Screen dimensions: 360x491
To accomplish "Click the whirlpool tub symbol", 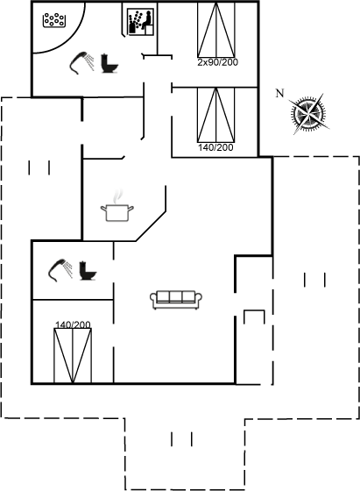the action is click(54, 20).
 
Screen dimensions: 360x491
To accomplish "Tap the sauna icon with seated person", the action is click(140, 22).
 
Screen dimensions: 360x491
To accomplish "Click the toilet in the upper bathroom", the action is click(109, 63).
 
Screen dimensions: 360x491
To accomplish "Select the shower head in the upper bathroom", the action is click(81, 62).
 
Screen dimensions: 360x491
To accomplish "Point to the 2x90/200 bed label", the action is click(218, 62).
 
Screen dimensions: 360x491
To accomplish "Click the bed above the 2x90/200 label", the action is click(216, 30).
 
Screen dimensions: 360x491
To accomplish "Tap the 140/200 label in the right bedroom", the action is click(215, 147).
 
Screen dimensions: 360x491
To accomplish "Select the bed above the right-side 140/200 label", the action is click(216, 115).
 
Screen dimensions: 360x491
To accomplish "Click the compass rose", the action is click(308, 113).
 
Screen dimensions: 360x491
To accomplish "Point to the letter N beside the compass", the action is click(279, 93).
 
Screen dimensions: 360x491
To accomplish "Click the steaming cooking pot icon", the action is click(117, 212).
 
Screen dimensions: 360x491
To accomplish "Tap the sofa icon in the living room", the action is click(176, 300).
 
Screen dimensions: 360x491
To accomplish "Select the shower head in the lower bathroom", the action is click(60, 270).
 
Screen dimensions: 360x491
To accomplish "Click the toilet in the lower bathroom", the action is click(88, 270).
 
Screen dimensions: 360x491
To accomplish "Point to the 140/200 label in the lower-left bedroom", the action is click(73, 324).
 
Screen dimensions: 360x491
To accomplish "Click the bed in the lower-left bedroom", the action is click(73, 356).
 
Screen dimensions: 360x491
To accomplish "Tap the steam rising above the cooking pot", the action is click(118, 196).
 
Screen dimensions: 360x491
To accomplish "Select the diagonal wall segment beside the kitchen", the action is click(151, 226).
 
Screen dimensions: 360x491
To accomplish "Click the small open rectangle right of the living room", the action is click(254, 310).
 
